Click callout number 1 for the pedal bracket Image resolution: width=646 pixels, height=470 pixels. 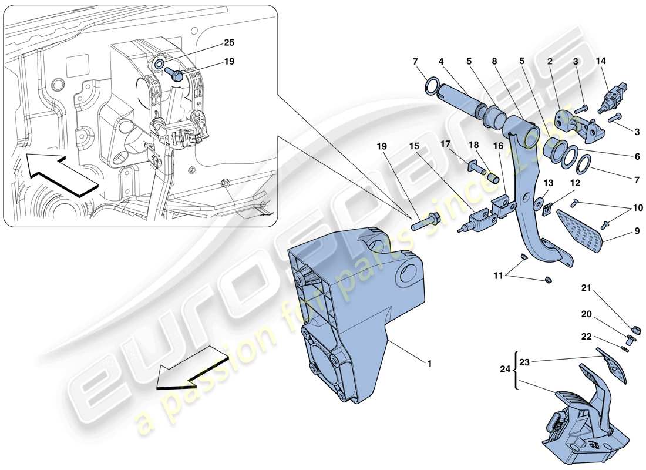429,364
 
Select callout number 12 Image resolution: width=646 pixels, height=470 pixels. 575,183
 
